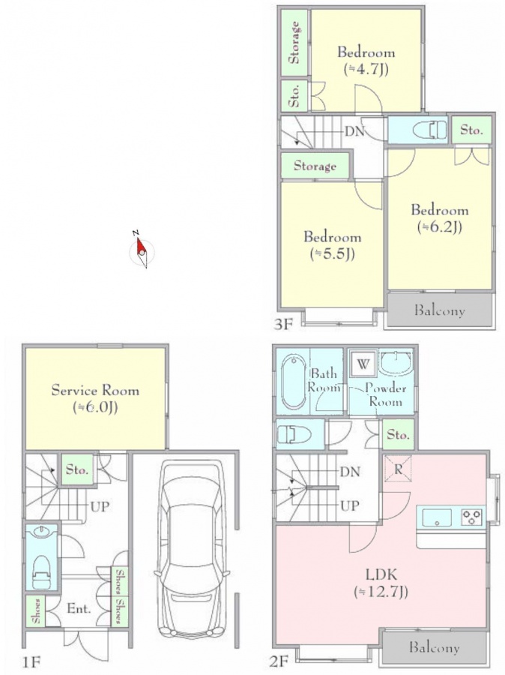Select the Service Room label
[95, 390]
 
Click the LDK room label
[381, 574]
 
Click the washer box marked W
[363, 364]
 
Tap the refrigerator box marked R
[398, 468]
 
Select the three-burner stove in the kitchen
[472, 516]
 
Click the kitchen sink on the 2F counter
[437, 517]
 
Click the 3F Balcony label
[439, 310]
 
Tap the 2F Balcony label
[434, 647]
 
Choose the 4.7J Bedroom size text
[366, 69]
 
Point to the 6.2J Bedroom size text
[440, 226]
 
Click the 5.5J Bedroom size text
[333, 254]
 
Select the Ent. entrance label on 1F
[79, 609]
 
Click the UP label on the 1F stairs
[100, 507]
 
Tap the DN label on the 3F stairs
[354, 131]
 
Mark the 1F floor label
[31, 661]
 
